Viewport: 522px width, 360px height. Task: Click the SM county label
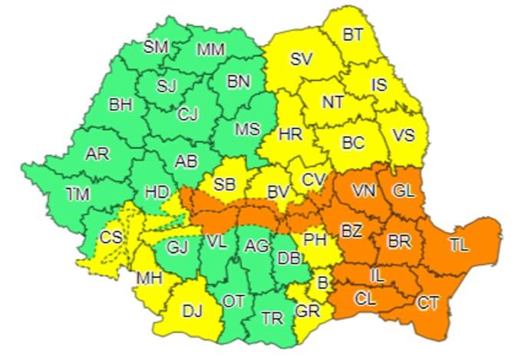click(x=156, y=47)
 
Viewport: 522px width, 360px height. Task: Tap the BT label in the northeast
click(x=353, y=34)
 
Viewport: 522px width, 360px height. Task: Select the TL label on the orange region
click(x=459, y=246)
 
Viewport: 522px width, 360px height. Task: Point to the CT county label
click(x=428, y=302)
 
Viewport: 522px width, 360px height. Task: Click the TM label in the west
click(x=78, y=195)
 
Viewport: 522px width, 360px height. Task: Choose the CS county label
click(x=111, y=237)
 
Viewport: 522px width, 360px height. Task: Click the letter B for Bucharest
click(x=323, y=283)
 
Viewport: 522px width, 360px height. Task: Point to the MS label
click(x=247, y=130)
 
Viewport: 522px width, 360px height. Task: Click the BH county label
click(x=121, y=105)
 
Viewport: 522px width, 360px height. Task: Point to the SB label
click(x=223, y=184)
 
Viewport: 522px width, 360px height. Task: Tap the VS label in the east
click(x=403, y=135)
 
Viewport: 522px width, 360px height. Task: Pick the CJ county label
click(x=188, y=114)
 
